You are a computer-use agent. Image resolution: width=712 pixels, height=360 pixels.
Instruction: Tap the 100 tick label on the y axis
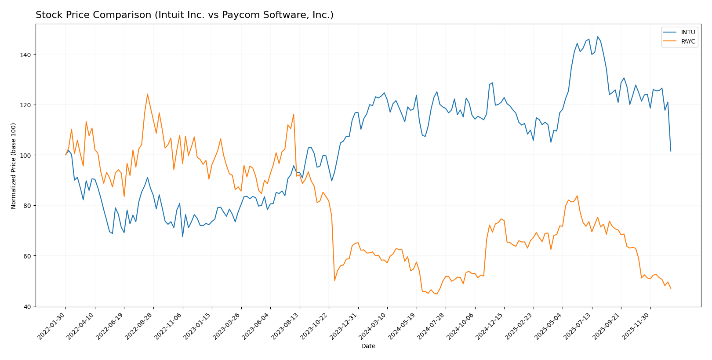click(x=27, y=155)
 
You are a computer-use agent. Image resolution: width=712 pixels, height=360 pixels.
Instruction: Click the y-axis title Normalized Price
click(x=14, y=166)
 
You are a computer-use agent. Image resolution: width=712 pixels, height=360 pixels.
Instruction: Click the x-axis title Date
click(x=368, y=346)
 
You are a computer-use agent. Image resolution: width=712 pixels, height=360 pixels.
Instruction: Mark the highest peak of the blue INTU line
click(x=597, y=36)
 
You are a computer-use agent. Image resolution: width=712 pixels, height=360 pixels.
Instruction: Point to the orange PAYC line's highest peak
click(x=147, y=94)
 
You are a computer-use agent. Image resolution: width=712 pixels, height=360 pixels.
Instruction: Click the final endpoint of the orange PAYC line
click(x=671, y=288)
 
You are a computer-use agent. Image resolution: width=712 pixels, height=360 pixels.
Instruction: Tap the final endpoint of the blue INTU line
click(x=671, y=151)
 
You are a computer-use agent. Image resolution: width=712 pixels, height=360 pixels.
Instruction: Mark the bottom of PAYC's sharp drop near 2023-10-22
click(x=334, y=280)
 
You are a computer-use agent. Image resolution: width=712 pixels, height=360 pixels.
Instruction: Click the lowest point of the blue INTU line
click(x=182, y=236)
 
